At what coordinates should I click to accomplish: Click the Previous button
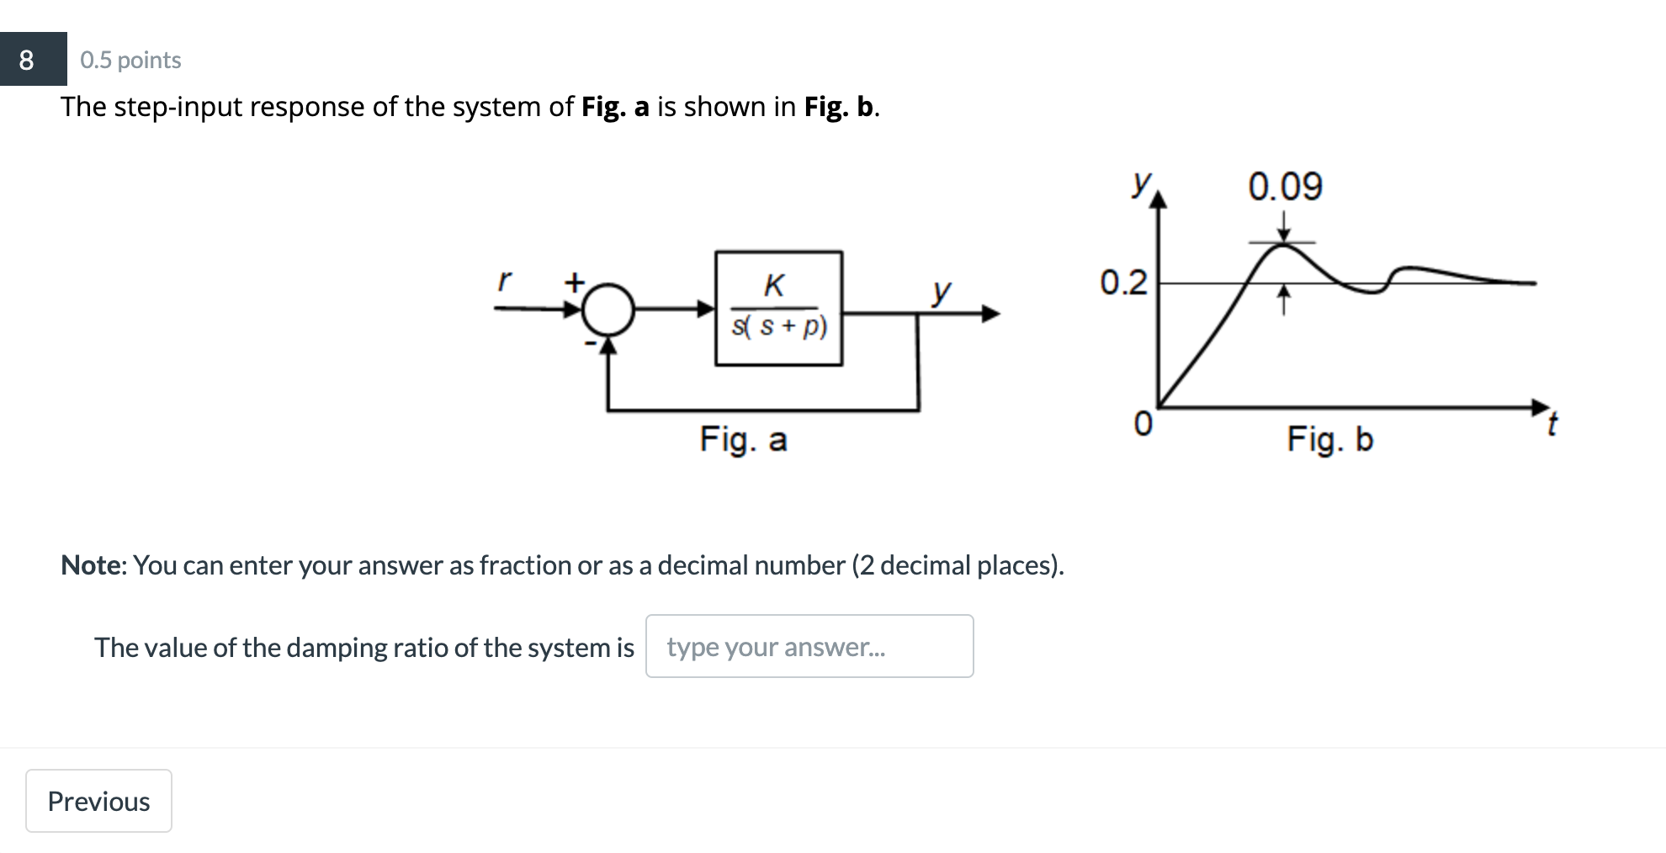coord(98,801)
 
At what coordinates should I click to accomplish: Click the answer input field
coord(809,646)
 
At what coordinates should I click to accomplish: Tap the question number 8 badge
coord(27,60)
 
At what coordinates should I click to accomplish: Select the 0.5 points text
coord(130,61)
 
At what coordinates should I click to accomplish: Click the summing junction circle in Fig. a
coord(608,309)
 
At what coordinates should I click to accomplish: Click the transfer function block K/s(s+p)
coord(778,308)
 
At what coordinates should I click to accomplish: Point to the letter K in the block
coord(774,286)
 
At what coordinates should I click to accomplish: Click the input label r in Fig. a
coord(503,279)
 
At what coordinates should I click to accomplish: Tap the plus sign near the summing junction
coord(574,282)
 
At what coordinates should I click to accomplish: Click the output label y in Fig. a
coord(942,291)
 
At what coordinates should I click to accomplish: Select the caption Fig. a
coord(743,439)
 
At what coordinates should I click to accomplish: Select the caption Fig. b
coord(1329,439)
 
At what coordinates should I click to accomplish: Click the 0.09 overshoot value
coord(1285,186)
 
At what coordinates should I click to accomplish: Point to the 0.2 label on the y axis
coord(1123,283)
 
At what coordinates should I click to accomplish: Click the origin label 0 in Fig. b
coord(1142,423)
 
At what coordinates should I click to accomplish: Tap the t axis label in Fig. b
coord(1552,423)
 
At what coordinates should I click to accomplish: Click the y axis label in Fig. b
coord(1141,183)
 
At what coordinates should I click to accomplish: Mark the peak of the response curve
coord(1283,244)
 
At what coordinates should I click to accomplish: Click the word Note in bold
coord(92,565)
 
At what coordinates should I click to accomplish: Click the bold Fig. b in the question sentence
coord(840,107)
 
